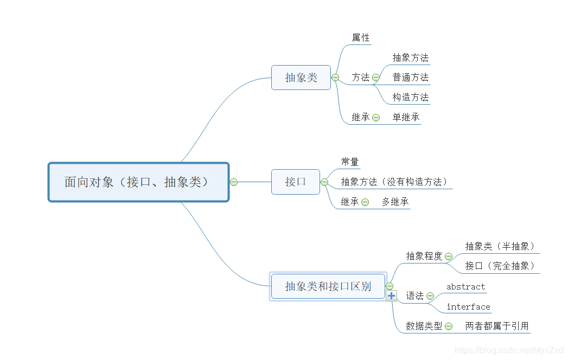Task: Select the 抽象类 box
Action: tap(301, 78)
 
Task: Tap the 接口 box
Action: tap(296, 182)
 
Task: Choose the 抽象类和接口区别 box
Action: tap(328, 286)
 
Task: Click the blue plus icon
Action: tap(392, 295)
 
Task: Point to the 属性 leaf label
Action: tap(361, 37)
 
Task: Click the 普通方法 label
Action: tap(411, 77)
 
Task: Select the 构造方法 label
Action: tap(411, 97)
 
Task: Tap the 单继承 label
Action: tap(406, 117)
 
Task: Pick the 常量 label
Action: tap(350, 162)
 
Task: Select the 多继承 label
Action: tap(395, 202)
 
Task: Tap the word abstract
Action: tap(465, 286)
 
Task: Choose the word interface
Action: tap(468, 307)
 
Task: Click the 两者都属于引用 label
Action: tap(497, 326)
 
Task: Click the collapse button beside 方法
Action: tap(376, 78)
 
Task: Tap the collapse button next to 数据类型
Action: tap(449, 326)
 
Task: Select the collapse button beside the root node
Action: tap(234, 182)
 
